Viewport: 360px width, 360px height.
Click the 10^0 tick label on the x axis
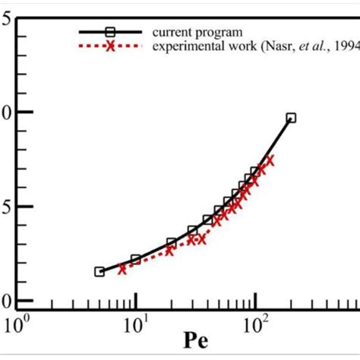[x=17, y=327]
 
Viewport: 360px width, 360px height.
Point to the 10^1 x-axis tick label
[x=136, y=327]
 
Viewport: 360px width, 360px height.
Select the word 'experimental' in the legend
[x=182, y=46]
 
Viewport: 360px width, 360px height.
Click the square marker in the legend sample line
[x=110, y=32]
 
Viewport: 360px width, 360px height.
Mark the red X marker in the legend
[x=110, y=46]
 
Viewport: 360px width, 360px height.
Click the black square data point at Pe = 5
[x=99, y=271]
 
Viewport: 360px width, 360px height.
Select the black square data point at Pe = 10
[x=136, y=260]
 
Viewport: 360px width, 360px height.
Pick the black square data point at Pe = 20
[x=172, y=243]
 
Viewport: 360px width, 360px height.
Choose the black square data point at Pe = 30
[x=193, y=230]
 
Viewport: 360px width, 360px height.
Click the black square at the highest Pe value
[x=291, y=118]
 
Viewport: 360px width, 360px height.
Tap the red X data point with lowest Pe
[x=122, y=268]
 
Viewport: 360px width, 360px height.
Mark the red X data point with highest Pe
[x=270, y=160]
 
